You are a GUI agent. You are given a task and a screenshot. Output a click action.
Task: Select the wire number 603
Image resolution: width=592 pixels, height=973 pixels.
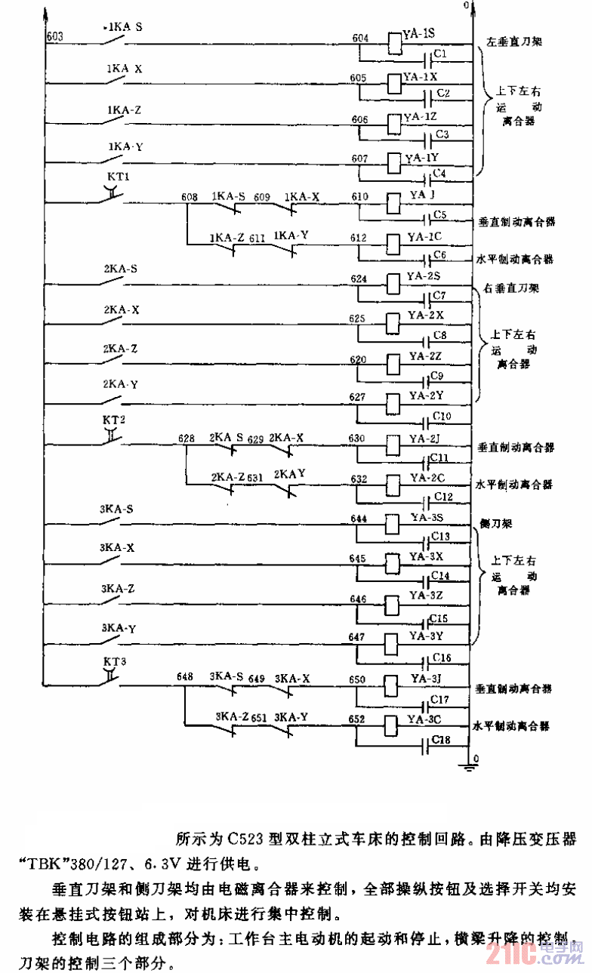pos(54,36)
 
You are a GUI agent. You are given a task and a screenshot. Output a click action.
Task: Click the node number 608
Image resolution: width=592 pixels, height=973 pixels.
pos(190,197)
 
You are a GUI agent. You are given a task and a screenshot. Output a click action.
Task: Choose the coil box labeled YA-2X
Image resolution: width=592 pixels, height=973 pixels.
pos(393,319)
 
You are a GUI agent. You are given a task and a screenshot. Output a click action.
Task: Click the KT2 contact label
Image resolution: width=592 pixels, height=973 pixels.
pos(113,419)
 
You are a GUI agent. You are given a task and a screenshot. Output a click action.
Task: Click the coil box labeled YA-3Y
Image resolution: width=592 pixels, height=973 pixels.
pos(393,642)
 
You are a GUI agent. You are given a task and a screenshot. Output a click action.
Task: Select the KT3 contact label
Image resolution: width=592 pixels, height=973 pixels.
pos(114,660)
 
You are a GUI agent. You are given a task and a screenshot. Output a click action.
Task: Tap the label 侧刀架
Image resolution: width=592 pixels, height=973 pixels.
pos(495,522)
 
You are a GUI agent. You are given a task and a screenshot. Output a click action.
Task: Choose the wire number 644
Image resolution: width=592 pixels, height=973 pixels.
pos(359,517)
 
